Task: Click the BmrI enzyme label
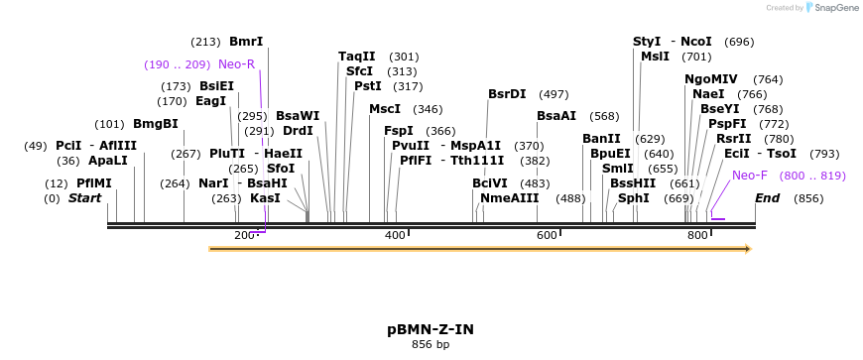tap(246, 42)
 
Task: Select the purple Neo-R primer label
tap(236, 64)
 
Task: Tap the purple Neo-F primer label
tap(750, 176)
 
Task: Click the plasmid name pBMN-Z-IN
tap(431, 329)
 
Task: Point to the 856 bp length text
tap(431, 345)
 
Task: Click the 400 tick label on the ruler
tap(394, 235)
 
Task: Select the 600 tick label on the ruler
tap(546, 235)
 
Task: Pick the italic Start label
tap(84, 198)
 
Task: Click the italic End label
tap(767, 198)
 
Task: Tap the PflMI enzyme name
tap(94, 183)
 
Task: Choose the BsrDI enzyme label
tap(507, 94)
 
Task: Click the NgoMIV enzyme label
tap(711, 79)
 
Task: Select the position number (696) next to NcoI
tap(739, 42)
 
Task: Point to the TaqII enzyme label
tap(357, 57)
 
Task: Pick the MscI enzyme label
tap(385, 109)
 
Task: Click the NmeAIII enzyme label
tap(509, 198)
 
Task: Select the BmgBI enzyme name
tap(156, 124)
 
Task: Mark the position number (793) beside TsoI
tap(824, 154)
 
